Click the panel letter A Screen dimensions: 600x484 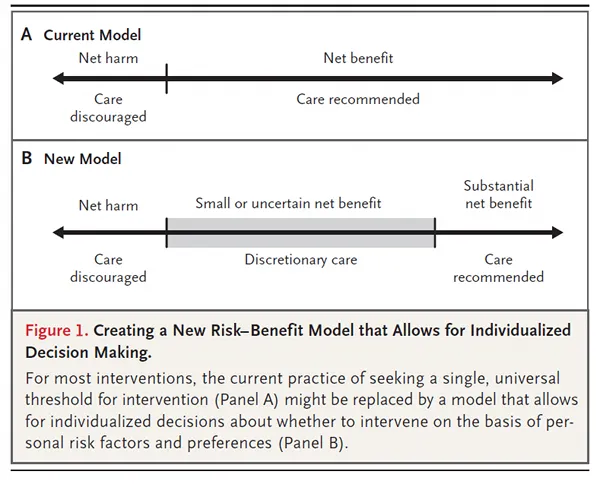pos(26,34)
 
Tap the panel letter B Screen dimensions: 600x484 pos(27,158)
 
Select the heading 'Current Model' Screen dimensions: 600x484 pos(92,35)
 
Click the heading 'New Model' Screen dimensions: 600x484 pos(83,159)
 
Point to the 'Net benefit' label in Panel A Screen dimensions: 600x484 pos(358,58)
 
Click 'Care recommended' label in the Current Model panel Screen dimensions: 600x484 pos(358,99)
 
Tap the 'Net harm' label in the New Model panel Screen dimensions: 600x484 pos(108,205)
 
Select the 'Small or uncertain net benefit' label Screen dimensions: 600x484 pos(288,203)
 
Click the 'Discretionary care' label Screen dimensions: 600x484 pos(301,259)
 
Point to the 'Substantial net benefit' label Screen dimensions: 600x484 pos(499,194)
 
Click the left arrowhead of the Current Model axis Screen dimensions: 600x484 pos(58,78)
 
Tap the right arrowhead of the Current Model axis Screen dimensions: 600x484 pos(558,78)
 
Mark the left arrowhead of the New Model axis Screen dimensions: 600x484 pos(58,232)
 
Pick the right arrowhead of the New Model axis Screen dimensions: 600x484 pos(558,232)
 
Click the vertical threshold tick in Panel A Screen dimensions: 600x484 pos(166,78)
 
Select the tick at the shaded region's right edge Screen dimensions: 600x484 pos(435,233)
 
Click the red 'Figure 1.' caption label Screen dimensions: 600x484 pos(57,330)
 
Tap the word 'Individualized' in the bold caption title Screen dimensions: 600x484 pos(520,330)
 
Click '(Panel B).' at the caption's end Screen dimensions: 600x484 pos(313,443)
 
